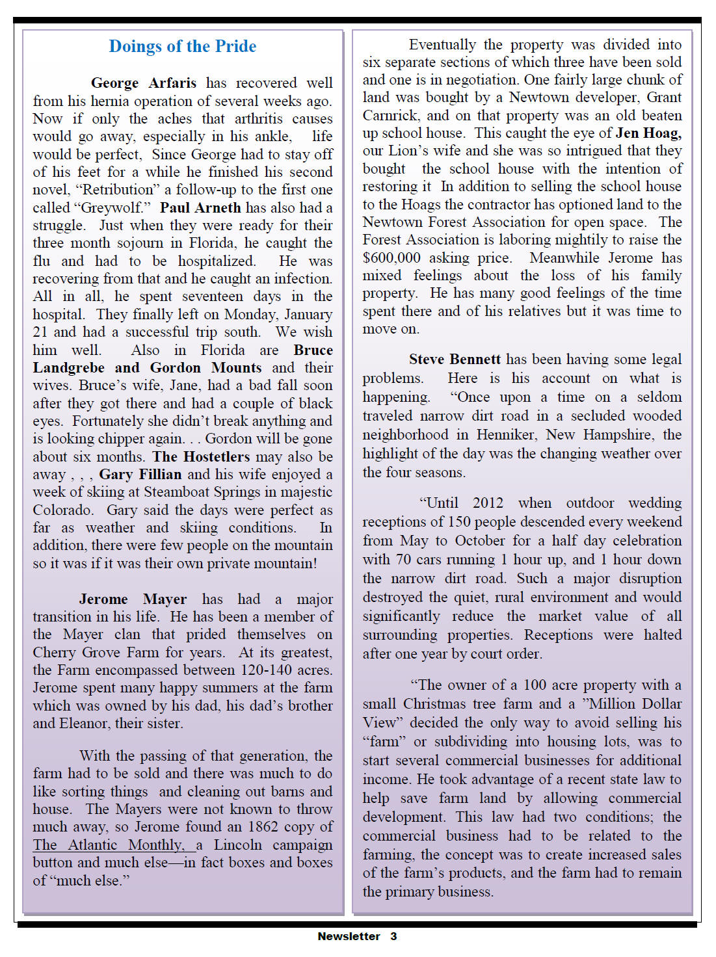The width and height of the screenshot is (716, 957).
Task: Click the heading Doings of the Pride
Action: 183,47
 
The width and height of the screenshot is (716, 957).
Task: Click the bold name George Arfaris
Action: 143,83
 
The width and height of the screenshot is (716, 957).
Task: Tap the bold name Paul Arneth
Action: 200,207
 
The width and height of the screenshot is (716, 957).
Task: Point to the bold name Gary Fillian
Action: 140,475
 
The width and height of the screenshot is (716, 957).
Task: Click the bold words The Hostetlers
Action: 201,456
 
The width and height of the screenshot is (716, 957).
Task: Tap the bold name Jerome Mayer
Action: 133,599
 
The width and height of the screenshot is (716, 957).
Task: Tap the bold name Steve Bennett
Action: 455,360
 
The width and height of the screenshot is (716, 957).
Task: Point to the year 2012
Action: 488,503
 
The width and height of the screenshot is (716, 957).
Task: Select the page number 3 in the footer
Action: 393,936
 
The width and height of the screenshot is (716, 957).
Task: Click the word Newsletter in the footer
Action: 349,936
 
